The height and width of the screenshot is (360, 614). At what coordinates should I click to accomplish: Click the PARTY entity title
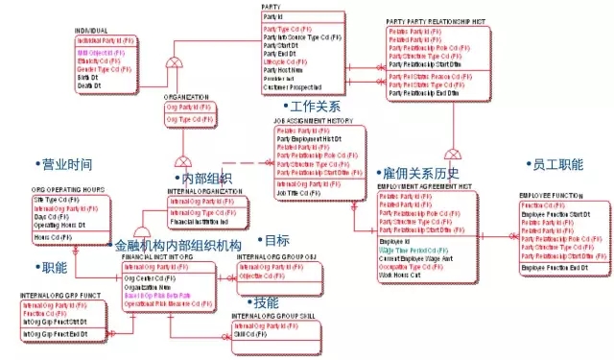click(272, 8)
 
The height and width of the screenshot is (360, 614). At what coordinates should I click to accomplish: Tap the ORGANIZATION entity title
click(185, 98)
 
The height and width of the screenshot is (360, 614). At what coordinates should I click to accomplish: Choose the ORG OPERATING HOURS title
click(68, 191)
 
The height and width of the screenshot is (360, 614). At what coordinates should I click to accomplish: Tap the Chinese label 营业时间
click(65, 165)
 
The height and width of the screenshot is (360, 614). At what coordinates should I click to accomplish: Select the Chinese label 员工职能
click(556, 165)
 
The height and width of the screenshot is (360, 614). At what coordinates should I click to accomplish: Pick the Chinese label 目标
click(276, 240)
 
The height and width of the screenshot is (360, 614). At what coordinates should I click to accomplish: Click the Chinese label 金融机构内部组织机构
click(177, 246)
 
